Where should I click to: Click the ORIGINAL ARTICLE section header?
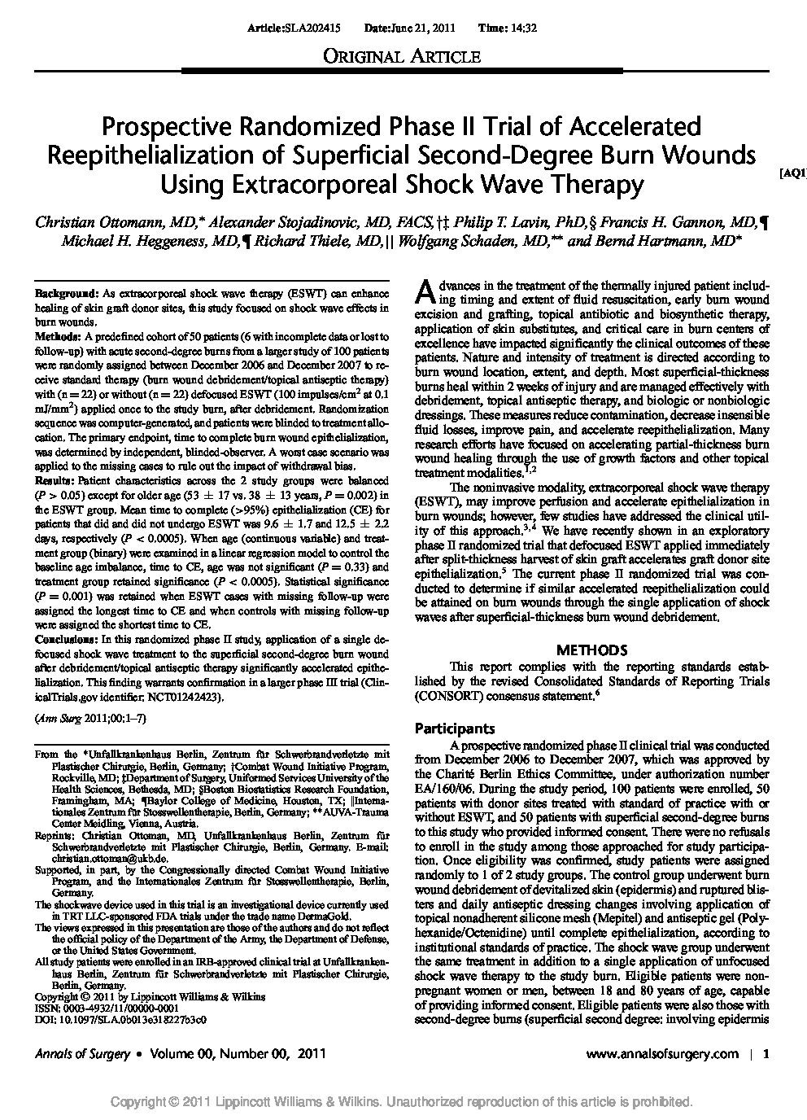403,56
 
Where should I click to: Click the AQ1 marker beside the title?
792,173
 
